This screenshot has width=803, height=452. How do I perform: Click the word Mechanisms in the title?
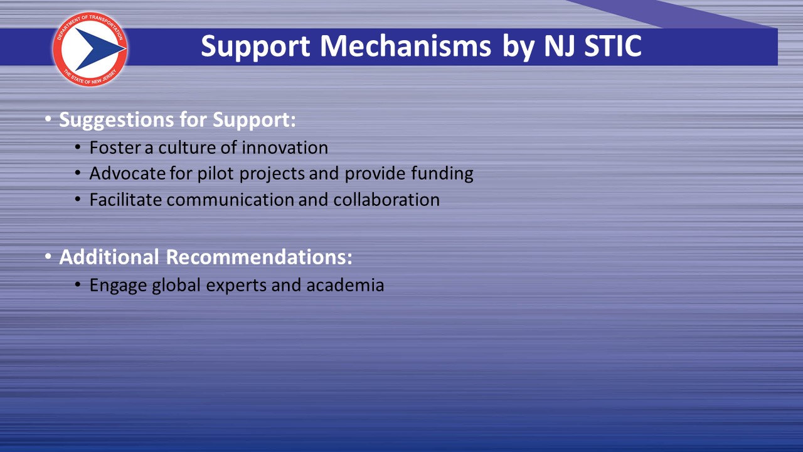pos(405,46)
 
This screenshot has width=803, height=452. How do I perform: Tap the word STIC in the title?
pos(613,46)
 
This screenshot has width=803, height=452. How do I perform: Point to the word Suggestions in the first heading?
pos(117,121)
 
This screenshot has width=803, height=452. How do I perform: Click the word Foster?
pos(115,148)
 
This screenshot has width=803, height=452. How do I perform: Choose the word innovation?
pos(285,148)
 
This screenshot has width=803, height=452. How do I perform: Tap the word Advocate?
pos(127,173)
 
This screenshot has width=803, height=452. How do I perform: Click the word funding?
pos(442,175)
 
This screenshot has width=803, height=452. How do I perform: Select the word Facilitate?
pos(125,200)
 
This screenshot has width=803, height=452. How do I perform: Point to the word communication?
pos(230,200)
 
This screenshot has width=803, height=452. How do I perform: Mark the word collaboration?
pos(386,200)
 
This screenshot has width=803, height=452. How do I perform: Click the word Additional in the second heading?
pos(109,257)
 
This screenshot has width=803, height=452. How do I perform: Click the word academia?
pos(345,285)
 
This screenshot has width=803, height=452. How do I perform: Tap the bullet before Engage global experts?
pos(78,285)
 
